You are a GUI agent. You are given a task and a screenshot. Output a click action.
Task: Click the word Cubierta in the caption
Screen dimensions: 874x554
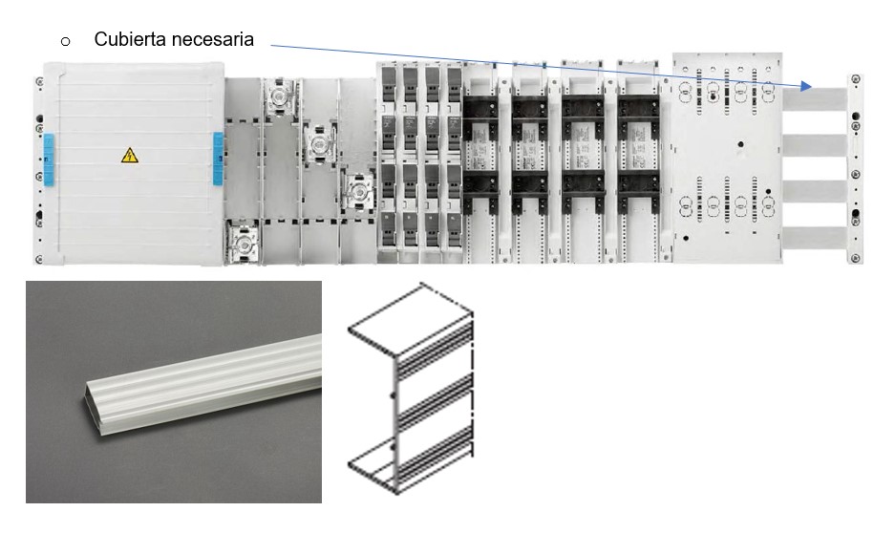(131, 39)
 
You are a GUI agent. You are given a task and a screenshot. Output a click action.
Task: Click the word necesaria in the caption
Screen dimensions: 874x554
(213, 39)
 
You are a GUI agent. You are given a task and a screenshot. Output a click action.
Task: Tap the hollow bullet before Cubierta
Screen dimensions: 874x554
(65, 41)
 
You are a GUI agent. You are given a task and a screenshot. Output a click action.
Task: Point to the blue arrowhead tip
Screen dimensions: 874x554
(811, 88)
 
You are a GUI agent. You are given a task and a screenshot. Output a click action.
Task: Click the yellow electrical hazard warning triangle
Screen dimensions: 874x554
(130, 156)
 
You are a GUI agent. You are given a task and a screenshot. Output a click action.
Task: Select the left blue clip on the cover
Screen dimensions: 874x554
(49, 159)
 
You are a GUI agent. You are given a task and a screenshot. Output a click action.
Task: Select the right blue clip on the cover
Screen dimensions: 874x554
(218, 159)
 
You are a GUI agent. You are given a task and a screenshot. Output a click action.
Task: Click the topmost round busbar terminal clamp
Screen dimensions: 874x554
(278, 97)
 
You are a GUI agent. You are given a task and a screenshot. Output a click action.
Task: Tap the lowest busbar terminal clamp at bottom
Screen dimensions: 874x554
(243, 243)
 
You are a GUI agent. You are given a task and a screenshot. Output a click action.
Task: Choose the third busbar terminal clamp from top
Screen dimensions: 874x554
(357, 192)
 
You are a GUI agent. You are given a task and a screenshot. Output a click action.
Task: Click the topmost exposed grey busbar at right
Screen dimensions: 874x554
(815, 99)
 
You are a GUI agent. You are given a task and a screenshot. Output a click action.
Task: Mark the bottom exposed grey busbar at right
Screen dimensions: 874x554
(815, 239)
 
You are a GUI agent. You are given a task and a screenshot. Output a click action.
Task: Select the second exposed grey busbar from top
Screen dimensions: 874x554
(815, 145)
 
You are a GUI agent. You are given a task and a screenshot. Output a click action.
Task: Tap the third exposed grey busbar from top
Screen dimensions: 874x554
(815, 192)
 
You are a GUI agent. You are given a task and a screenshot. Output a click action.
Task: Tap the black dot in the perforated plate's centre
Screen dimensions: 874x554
(740, 144)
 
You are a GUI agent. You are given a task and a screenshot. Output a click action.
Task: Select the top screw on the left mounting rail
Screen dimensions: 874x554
(39, 82)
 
